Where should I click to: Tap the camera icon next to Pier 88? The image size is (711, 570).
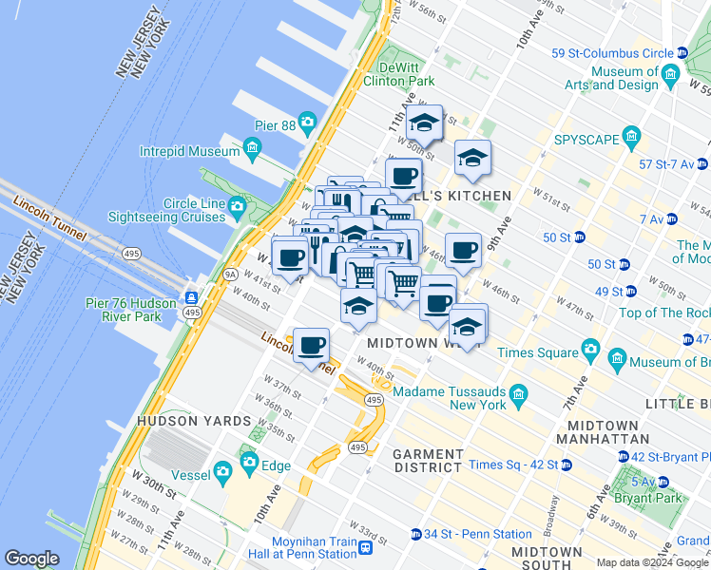click(x=306, y=122)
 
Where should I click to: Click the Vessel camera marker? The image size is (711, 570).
click(x=222, y=471)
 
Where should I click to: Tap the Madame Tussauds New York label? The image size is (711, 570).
click(x=446, y=397)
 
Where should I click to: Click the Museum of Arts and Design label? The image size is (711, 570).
click(x=625, y=78)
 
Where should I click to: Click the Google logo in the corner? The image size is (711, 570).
click(x=31, y=559)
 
